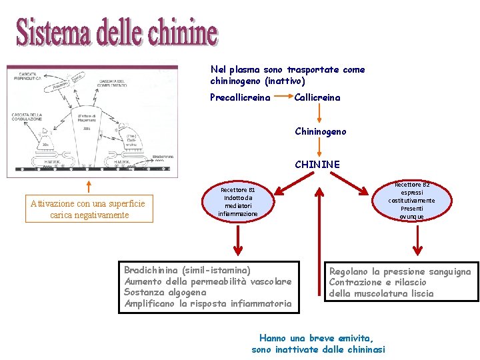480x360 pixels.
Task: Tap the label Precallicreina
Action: click(x=240, y=98)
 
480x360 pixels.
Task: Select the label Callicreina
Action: click(x=317, y=98)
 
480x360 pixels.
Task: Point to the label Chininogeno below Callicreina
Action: click(x=321, y=131)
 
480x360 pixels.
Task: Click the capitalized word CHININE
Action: click(x=317, y=164)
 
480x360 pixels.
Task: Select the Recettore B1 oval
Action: click(x=238, y=201)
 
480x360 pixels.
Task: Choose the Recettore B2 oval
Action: click(x=411, y=200)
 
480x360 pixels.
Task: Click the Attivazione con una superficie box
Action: click(x=89, y=209)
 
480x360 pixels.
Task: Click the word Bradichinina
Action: click(x=152, y=271)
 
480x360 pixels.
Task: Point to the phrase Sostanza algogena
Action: click(x=165, y=293)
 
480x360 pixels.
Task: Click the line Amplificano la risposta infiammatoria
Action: click(x=208, y=304)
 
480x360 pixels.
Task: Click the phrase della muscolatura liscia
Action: click(x=381, y=293)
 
